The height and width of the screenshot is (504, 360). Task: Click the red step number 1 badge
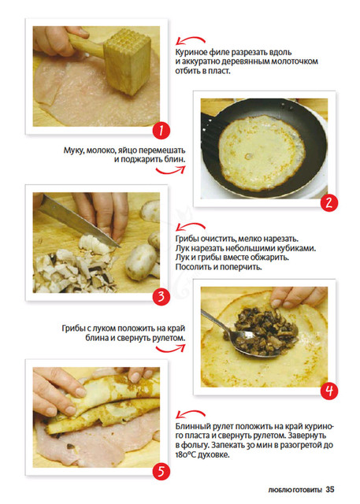coord(161,131)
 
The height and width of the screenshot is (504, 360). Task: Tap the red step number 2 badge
coord(329,203)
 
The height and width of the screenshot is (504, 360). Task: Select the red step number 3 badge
coord(161,296)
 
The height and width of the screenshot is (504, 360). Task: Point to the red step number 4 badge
coord(329,391)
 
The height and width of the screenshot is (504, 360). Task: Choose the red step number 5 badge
coord(161,472)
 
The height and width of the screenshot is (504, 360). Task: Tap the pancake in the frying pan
coord(262,153)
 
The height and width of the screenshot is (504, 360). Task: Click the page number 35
coord(330,490)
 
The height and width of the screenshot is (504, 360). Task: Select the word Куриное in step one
coord(191,53)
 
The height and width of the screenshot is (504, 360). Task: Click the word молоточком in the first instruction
coord(295,61)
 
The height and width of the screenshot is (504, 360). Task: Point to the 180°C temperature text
coord(185,455)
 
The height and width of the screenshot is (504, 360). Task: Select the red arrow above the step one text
coord(191,40)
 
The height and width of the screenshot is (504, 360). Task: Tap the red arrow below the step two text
coord(171,170)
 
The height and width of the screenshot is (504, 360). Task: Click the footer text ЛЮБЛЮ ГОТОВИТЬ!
coord(295,490)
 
